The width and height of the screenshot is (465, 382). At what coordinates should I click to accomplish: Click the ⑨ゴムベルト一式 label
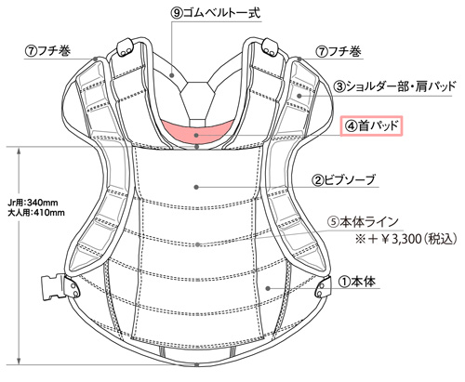pyautogui.click(x=216, y=13)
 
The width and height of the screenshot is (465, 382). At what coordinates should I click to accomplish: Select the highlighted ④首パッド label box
pyautogui.click(x=371, y=125)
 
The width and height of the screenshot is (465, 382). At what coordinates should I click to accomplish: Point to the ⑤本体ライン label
pyautogui.click(x=363, y=222)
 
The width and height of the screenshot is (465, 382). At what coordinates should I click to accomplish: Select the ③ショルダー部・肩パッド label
pyautogui.click(x=394, y=86)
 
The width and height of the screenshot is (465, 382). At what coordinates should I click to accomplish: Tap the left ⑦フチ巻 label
pyautogui.click(x=47, y=51)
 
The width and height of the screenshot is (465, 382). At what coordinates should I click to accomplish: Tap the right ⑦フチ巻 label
pyautogui.click(x=339, y=51)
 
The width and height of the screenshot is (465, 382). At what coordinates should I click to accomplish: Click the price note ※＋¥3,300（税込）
pyautogui.click(x=406, y=239)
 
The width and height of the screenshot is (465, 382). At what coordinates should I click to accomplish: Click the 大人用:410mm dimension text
pyautogui.click(x=36, y=213)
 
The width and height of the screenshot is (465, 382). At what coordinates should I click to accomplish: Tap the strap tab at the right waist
pyautogui.click(x=322, y=287)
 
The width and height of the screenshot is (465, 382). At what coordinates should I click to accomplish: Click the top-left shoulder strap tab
pyautogui.click(x=125, y=47)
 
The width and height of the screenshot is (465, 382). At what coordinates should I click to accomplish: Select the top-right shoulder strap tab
pyautogui.click(x=270, y=47)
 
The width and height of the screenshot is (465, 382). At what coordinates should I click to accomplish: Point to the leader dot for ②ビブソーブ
pyautogui.click(x=196, y=187)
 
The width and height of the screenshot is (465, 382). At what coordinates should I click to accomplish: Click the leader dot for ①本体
pyautogui.click(x=268, y=288)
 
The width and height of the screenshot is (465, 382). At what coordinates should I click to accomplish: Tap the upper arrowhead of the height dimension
pyautogui.click(x=20, y=151)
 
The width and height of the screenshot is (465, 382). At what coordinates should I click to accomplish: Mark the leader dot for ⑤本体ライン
pyautogui.click(x=197, y=244)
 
